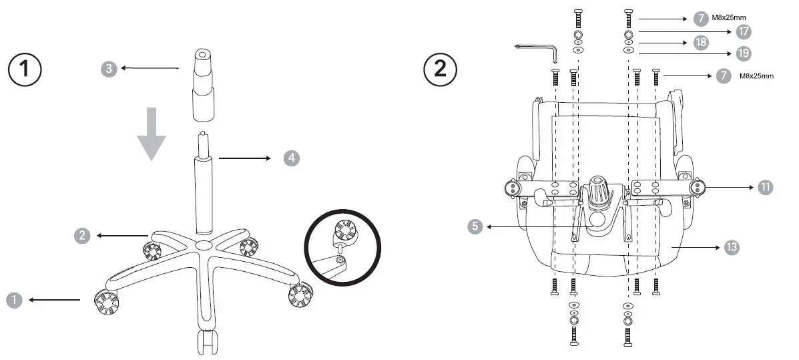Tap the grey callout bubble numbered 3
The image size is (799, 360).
(x=109, y=68)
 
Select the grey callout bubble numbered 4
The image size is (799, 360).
(x=291, y=158)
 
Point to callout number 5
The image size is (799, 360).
(x=475, y=226)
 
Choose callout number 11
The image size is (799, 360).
(x=765, y=187)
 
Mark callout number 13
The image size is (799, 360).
(x=732, y=246)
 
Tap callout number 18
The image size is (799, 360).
(x=701, y=42)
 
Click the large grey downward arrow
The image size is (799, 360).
(x=152, y=133)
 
